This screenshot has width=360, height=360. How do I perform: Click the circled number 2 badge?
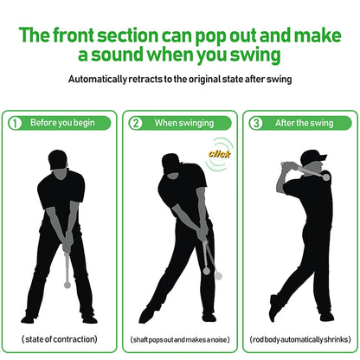pos(135,123)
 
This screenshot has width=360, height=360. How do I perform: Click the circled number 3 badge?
pos(254,123)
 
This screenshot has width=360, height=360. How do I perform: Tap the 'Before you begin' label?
pos(62,123)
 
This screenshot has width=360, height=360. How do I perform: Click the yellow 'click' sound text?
pos(217,154)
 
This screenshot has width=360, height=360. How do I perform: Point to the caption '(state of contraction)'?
pos(59,338)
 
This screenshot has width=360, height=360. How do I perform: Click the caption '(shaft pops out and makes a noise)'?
pos(179,338)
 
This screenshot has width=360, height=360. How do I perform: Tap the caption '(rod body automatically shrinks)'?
pos(299,338)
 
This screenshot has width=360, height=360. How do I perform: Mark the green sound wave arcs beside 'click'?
pos(227,147)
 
